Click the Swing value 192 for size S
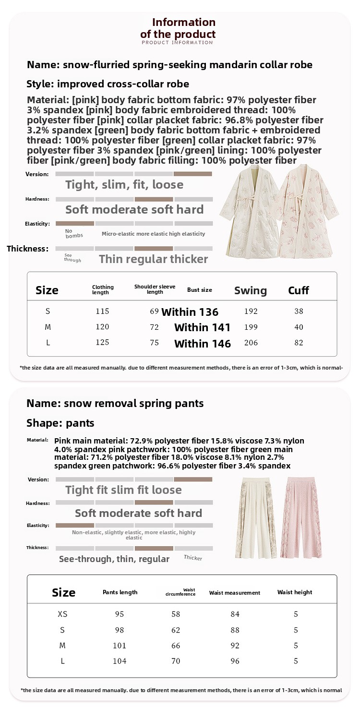pyautogui.click(x=251, y=311)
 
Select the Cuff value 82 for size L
pyautogui.click(x=299, y=343)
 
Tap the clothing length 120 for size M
pyautogui.click(x=102, y=327)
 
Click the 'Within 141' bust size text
pyautogui.click(x=202, y=328)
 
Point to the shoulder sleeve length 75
pyautogui.click(x=154, y=343)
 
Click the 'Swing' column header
pyautogui.click(x=250, y=290)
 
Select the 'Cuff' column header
pyautogui.click(x=298, y=290)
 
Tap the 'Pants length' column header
pyautogui.click(x=120, y=592)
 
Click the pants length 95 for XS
pyautogui.click(x=120, y=614)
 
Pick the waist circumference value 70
pyautogui.click(x=176, y=661)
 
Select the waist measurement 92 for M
pyautogui.click(x=235, y=646)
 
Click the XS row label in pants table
pyautogui.click(x=62, y=614)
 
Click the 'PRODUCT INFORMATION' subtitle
pyautogui.click(x=177, y=43)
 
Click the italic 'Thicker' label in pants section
pyautogui.click(x=193, y=557)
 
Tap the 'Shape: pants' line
pyautogui.click(x=60, y=423)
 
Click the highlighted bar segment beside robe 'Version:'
pyautogui.click(x=192, y=174)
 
